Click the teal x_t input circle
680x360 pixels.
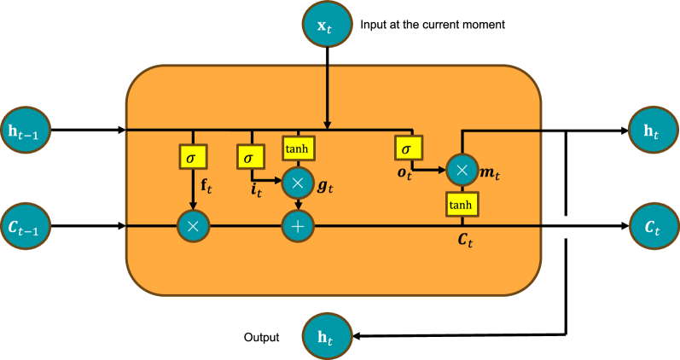coord(328,25)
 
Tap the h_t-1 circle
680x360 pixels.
coord(26,131)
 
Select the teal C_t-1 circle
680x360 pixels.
coord(26,226)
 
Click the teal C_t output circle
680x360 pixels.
coord(654,226)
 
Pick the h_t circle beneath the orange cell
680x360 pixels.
coord(328,336)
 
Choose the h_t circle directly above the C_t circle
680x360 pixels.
coord(654,131)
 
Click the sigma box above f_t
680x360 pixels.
coord(193,157)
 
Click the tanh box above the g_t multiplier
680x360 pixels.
coord(299,148)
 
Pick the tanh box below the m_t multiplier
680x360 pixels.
coord(462,204)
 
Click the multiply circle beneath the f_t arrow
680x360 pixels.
coord(193,226)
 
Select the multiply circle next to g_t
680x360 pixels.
coord(299,181)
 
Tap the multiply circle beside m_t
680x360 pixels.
coord(462,170)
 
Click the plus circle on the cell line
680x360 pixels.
coord(299,226)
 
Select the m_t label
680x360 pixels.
coord(490,173)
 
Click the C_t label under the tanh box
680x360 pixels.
coord(465,241)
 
